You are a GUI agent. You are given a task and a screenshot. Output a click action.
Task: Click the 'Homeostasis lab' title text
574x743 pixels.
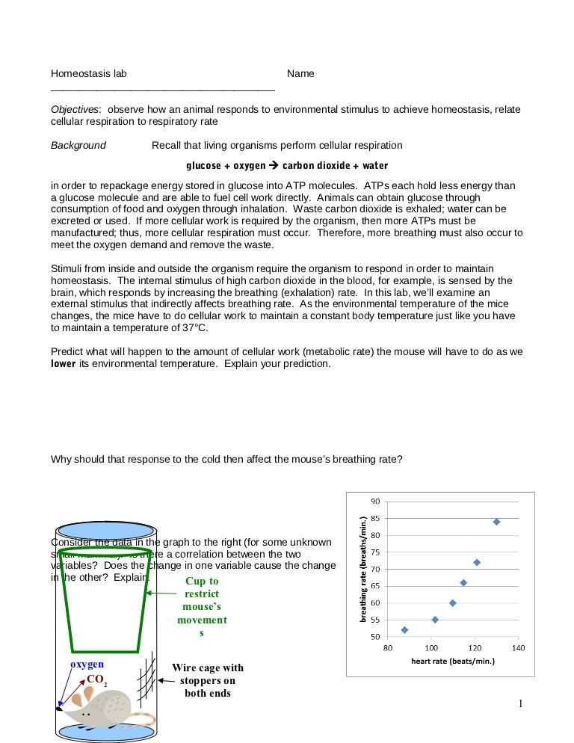(x=88, y=74)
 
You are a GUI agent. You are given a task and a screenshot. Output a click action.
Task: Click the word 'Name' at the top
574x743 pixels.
(x=300, y=74)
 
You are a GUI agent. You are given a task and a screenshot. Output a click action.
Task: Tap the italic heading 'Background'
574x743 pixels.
(x=78, y=145)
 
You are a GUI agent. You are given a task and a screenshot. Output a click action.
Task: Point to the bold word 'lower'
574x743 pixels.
(x=64, y=364)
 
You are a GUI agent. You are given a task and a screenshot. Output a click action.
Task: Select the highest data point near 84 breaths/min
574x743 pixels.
(x=496, y=522)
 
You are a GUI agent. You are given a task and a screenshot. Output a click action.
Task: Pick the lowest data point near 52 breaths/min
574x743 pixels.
(x=404, y=630)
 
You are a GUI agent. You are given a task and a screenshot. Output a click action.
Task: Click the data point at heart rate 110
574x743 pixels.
(x=452, y=602)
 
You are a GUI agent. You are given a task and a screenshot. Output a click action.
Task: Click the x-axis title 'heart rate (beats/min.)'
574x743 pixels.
(x=453, y=661)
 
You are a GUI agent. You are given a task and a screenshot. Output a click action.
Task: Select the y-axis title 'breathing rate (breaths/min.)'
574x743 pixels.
(x=364, y=569)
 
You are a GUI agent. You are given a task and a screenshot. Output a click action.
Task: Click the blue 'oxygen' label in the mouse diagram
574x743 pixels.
(x=87, y=664)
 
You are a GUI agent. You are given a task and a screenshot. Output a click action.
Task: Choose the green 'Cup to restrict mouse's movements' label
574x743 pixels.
(x=202, y=607)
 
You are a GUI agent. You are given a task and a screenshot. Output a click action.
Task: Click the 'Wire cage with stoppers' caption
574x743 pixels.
(x=208, y=680)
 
